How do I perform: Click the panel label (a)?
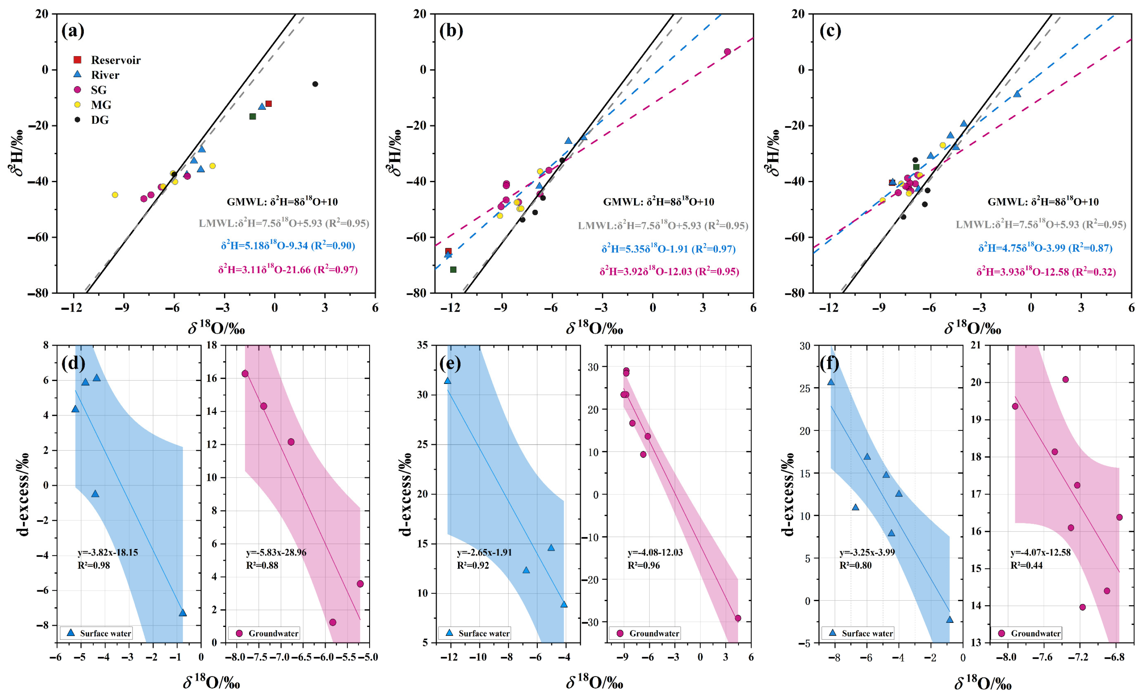click(x=73, y=31)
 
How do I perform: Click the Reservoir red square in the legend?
click(x=78, y=60)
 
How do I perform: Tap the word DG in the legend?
click(x=100, y=120)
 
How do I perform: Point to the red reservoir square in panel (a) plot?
click(x=269, y=104)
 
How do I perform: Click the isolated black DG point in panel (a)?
click(x=315, y=84)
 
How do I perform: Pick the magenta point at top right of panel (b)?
click(x=727, y=52)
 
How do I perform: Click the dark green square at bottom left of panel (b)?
click(x=454, y=269)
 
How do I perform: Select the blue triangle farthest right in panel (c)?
click(x=1017, y=94)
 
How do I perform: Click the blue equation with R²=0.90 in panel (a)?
click(x=288, y=246)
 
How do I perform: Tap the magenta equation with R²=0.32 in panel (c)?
click(x=1046, y=272)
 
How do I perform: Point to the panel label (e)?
click(x=450, y=363)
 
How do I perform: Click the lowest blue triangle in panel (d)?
click(x=183, y=613)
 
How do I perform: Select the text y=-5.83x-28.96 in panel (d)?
click(x=276, y=552)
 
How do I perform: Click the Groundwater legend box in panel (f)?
click(x=1027, y=633)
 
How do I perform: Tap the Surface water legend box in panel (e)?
click(x=475, y=633)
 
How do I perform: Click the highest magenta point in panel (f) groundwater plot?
click(x=1065, y=379)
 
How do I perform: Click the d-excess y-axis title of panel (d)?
click(x=23, y=494)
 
